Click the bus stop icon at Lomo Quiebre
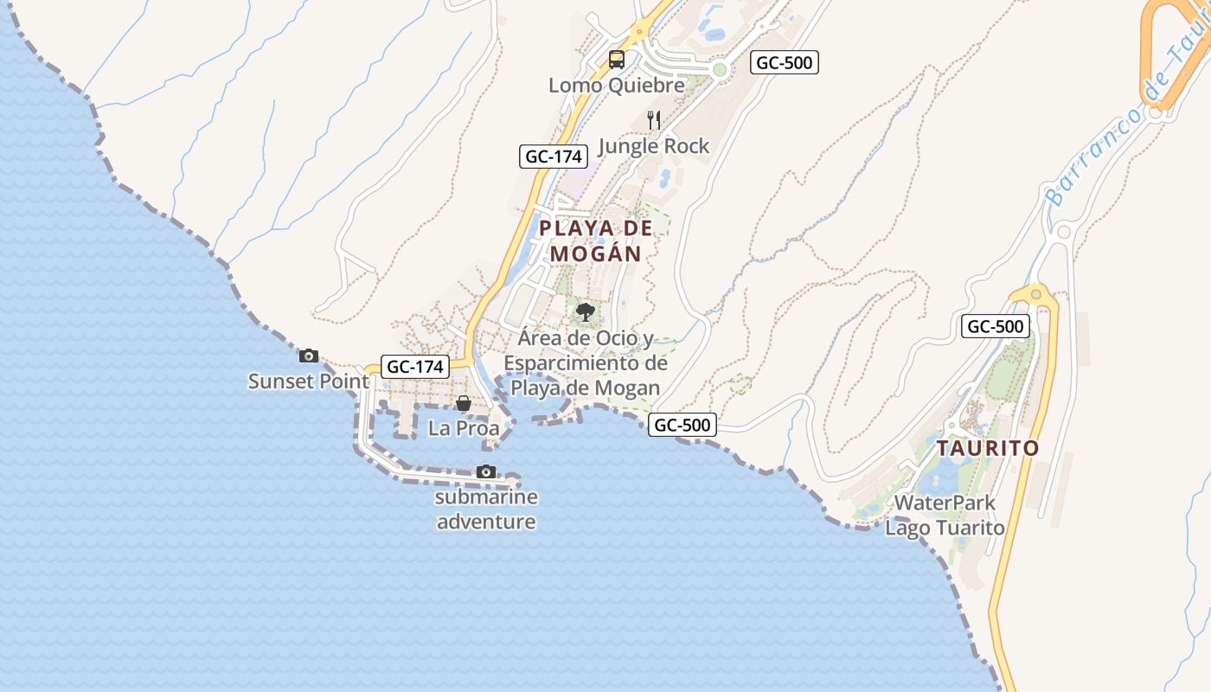click(616, 60)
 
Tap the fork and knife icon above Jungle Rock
click(654, 120)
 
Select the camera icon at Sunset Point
click(308, 356)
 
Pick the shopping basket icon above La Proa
click(464, 403)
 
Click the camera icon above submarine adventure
click(486, 471)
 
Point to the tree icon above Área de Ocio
click(586, 311)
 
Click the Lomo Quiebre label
click(616, 86)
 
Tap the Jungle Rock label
click(653, 146)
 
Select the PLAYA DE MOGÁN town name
click(596, 241)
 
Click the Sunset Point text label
click(308, 381)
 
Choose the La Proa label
click(464, 428)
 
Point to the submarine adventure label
click(486, 509)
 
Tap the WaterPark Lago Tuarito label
click(945, 515)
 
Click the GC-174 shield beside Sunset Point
click(415, 367)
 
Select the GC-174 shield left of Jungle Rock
click(554, 157)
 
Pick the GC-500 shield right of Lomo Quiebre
click(784, 62)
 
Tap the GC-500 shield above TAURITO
click(996, 327)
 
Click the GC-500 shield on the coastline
click(682, 425)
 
